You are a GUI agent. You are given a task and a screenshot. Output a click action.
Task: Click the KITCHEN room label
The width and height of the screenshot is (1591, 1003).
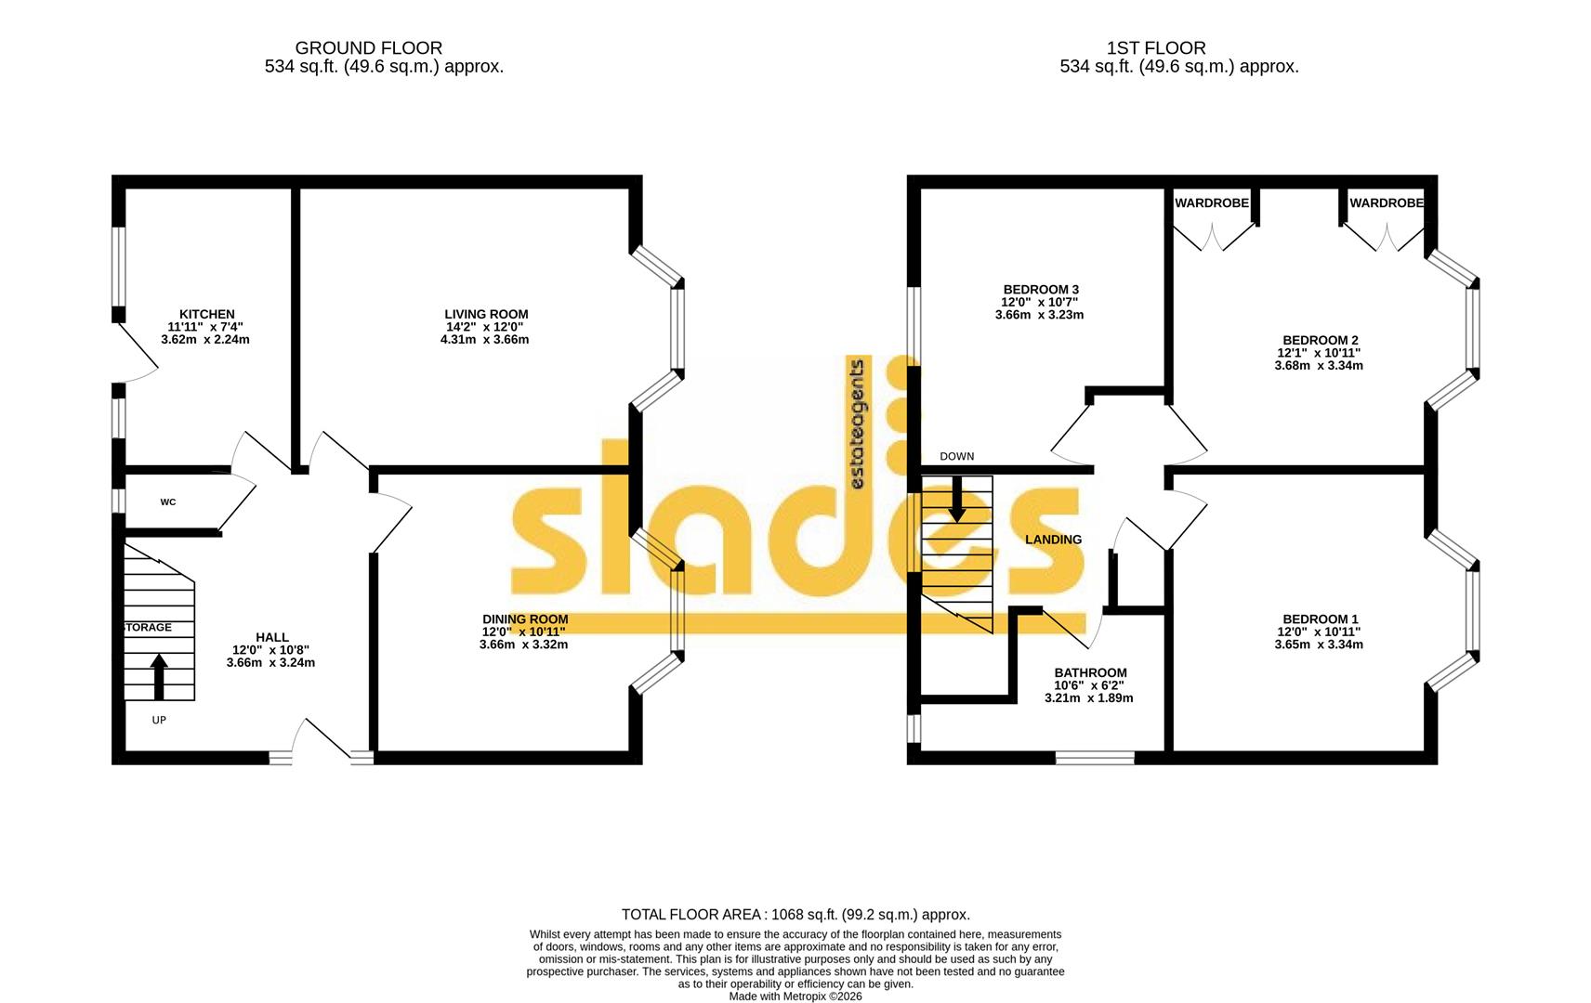206,314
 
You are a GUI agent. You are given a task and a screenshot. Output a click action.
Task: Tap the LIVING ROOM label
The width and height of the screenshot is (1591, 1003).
486,314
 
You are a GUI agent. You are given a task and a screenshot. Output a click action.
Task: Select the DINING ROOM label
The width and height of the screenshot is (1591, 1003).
524,619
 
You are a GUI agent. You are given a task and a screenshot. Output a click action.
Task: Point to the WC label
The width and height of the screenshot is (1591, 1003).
168,502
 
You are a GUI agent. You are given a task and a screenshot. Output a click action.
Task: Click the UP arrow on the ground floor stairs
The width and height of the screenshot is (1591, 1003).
159,676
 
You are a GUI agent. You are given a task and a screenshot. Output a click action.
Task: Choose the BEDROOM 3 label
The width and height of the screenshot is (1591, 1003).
1040,290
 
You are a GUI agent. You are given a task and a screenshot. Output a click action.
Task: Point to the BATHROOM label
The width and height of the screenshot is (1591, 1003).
1090,672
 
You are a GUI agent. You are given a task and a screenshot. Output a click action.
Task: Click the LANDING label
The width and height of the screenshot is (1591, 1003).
1053,540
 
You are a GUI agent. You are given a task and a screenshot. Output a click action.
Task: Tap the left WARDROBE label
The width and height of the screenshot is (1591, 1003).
1212,202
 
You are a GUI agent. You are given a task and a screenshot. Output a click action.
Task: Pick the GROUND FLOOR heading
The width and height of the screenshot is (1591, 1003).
368,47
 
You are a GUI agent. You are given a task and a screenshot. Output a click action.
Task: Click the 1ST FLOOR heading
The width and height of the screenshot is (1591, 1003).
1156,47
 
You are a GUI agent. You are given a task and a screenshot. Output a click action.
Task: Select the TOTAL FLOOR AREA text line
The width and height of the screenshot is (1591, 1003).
795,915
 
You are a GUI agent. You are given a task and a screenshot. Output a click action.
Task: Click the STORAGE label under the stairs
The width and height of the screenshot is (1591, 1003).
148,628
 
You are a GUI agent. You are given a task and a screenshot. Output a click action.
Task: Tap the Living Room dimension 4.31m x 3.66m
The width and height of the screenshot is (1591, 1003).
484,340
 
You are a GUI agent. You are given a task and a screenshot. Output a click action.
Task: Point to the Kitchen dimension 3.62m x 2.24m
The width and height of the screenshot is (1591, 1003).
205,340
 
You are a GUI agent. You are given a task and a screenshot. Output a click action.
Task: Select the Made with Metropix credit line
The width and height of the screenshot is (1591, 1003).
795,996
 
